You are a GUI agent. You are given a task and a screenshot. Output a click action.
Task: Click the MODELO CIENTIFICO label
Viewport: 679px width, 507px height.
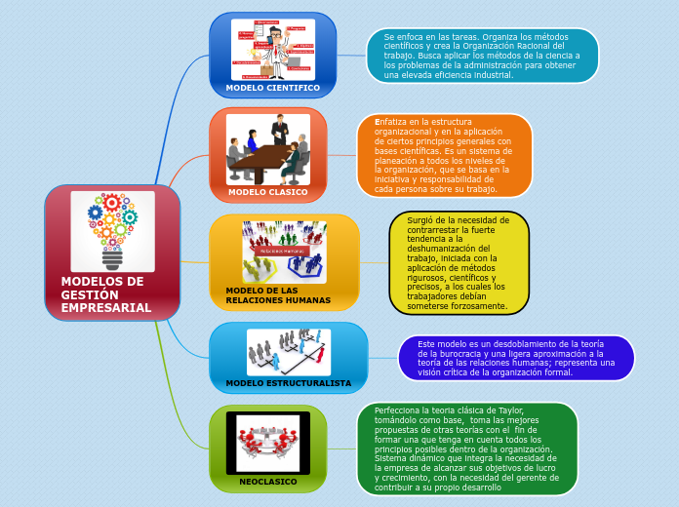[272, 88]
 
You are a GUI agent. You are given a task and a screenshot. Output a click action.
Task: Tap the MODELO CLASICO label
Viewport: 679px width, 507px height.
[267, 192]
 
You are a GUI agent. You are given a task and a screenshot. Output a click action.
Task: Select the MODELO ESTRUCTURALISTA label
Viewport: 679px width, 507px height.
[288, 383]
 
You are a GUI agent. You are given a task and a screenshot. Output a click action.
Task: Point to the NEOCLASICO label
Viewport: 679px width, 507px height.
[267, 482]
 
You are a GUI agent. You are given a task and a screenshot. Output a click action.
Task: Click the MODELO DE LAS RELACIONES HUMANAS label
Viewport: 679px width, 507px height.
[278, 295]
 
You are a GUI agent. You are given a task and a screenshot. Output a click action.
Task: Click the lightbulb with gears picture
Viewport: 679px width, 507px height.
[112, 231]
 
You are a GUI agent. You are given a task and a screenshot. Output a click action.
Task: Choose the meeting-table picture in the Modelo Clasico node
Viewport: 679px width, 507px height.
[268, 149]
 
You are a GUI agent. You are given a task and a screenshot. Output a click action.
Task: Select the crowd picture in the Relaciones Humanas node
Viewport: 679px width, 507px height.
[284, 252]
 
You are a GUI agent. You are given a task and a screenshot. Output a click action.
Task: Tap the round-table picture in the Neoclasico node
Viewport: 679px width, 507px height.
[267, 443]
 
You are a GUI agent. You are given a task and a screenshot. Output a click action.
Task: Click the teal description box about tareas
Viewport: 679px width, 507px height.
[482, 56]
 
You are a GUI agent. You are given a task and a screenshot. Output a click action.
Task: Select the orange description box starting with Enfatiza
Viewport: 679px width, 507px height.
[444, 155]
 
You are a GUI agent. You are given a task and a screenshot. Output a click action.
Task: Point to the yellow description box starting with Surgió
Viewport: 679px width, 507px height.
[459, 263]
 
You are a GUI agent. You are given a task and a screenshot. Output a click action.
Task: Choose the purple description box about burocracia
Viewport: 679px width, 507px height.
[516, 358]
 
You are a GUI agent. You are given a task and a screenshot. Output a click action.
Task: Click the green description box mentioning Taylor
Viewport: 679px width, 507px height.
[466, 448]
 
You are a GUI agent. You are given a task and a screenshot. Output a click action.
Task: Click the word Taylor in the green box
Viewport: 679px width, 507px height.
[510, 410]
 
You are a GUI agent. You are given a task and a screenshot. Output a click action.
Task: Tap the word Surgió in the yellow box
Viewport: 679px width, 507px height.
[421, 220]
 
